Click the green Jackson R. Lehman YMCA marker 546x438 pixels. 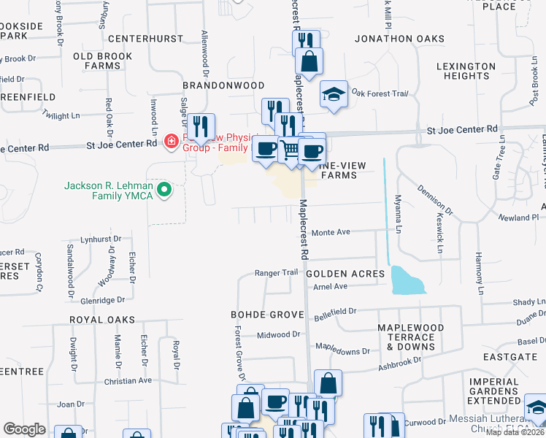pos(165,191)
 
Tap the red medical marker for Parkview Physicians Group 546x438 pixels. pos(171,139)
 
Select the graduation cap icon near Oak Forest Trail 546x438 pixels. pos(334,94)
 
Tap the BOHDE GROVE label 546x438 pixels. pos(266,315)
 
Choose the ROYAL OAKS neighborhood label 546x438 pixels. pos(102,320)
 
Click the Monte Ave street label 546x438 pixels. pos(331,232)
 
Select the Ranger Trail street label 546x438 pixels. pos(277,272)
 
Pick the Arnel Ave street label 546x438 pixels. pos(329,287)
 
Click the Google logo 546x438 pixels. pos(24,429)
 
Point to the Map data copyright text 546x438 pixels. pos(515,432)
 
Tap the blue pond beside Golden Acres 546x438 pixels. pos(407,280)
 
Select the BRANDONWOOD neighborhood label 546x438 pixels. pos(223,85)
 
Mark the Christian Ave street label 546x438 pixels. pos(128,380)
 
